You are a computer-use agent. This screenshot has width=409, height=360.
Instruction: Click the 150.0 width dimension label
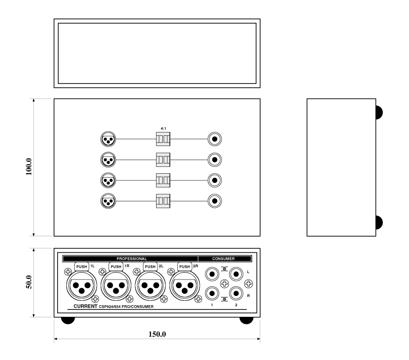tap(157, 334)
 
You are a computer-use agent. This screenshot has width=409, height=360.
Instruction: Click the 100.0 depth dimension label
tap(29, 167)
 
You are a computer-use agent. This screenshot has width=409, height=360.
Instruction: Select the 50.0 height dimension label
tap(29, 282)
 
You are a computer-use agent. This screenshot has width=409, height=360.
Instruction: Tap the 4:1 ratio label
tap(163, 129)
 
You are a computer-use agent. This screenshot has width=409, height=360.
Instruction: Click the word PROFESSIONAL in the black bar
tap(131, 259)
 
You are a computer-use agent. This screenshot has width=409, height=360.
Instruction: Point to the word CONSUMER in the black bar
tap(223, 259)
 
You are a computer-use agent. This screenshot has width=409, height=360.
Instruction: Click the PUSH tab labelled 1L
tap(81, 266)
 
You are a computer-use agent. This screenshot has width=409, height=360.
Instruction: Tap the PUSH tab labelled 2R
tap(185, 266)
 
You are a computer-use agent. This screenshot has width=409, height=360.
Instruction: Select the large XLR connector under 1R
tap(116, 286)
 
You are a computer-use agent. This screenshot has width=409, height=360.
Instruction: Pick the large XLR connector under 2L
tap(150, 286)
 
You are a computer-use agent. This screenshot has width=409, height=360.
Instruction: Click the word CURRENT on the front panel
tap(85, 306)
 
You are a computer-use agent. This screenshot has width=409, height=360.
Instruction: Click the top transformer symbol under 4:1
tap(163, 139)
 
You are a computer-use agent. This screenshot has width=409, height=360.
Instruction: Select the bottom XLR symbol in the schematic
tap(108, 201)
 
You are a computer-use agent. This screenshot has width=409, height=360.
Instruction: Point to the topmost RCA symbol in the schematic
tap(215, 139)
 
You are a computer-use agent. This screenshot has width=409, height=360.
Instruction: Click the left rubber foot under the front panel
tap(68, 320)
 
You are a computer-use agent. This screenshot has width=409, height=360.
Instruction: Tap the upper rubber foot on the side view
tap(379, 113)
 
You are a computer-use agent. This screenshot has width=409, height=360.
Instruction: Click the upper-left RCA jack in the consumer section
tap(212, 274)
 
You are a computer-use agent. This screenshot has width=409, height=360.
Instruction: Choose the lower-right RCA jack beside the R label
tap(236, 294)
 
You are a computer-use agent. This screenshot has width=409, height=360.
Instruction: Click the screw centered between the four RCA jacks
tap(224, 283)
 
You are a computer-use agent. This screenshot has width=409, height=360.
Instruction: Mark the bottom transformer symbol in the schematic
tap(163, 201)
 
